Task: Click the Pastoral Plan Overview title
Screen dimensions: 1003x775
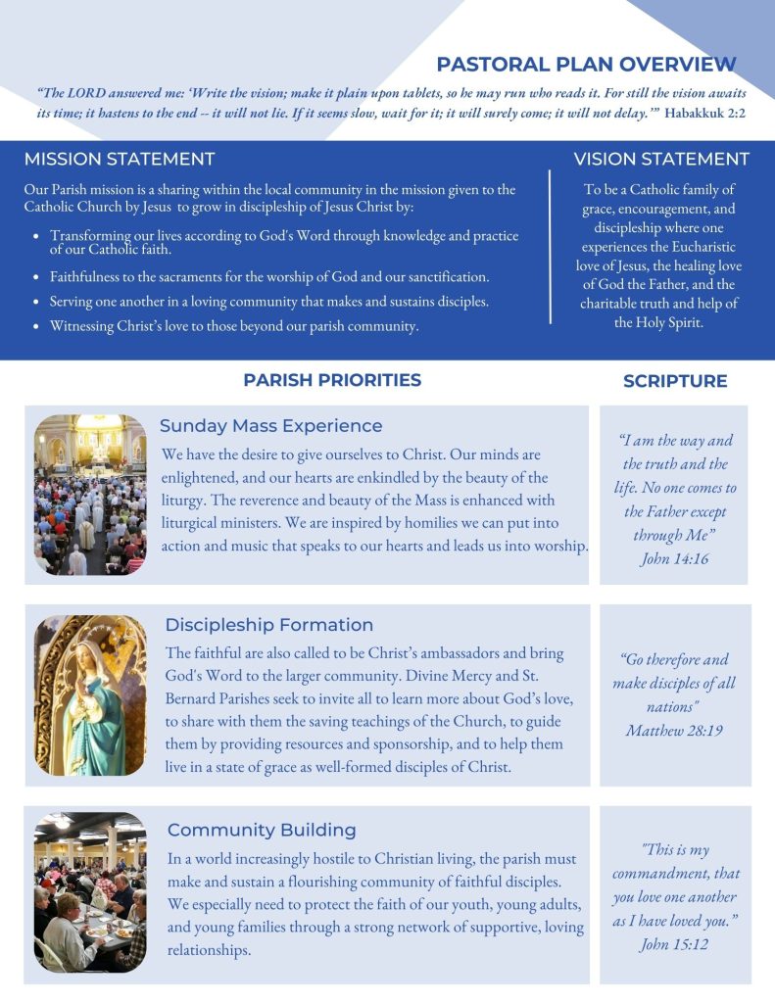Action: pyautogui.click(x=586, y=65)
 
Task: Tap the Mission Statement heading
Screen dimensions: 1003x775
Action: pyautogui.click(x=120, y=159)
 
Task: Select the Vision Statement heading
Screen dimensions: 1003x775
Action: pyautogui.click(x=661, y=159)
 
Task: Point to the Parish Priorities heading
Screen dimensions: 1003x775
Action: pyautogui.click(x=332, y=380)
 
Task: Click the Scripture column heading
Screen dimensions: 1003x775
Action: pyautogui.click(x=675, y=381)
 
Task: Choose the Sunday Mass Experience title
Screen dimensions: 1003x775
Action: pyautogui.click(x=270, y=426)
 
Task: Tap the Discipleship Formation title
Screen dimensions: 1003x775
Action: pyautogui.click(x=268, y=625)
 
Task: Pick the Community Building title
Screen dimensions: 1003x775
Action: pyautogui.click(x=262, y=830)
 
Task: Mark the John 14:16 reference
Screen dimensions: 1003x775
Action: pyautogui.click(x=674, y=558)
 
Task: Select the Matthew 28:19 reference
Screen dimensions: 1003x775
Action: pyautogui.click(x=674, y=730)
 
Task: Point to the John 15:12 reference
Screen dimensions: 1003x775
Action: pyautogui.click(x=674, y=944)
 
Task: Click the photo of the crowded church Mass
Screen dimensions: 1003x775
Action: pyautogui.click(x=90, y=495)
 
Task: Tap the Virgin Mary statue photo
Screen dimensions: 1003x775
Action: pyautogui.click(x=90, y=695)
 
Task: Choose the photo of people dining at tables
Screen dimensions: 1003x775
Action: pyautogui.click(x=90, y=891)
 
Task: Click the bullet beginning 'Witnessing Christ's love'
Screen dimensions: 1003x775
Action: pyautogui.click(x=234, y=326)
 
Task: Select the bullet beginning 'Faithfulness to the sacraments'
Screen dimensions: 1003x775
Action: pyautogui.click(x=269, y=277)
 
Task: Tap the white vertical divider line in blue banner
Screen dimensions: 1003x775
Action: pyautogui.click(x=551, y=247)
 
